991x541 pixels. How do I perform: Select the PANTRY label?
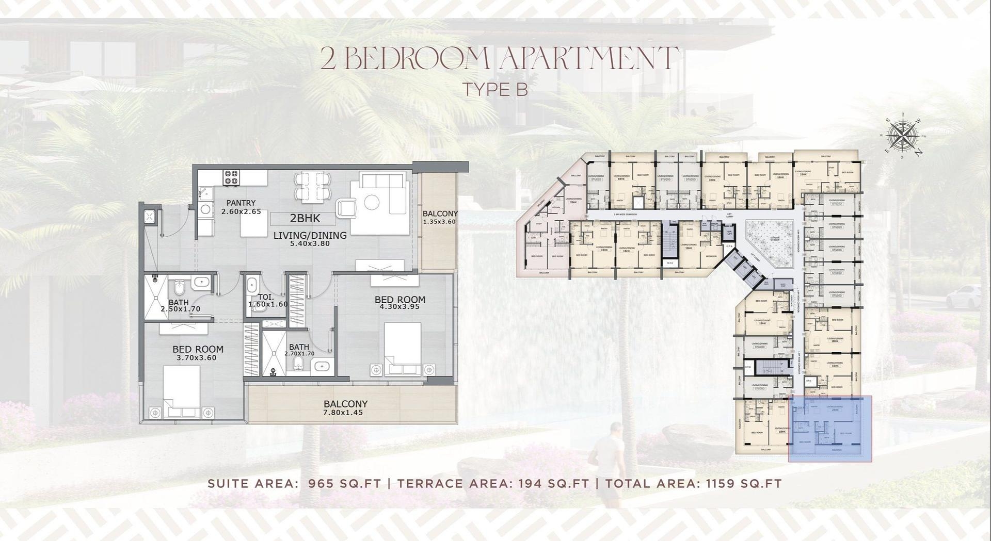(x=241, y=203)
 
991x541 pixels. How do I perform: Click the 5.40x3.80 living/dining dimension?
(x=310, y=243)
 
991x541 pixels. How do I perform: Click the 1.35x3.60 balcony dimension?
(x=440, y=222)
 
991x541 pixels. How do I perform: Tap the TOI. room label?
(x=266, y=297)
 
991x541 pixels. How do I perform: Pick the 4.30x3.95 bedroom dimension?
(x=399, y=306)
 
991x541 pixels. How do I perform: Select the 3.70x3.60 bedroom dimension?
(x=197, y=357)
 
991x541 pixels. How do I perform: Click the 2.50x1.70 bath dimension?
(x=180, y=309)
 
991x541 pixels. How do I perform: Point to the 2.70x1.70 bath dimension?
(x=299, y=354)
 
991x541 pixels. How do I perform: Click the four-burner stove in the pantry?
(x=231, y=178)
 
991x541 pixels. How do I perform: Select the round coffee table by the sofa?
(x=372, y=202)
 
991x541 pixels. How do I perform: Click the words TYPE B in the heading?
(x=495, y=89)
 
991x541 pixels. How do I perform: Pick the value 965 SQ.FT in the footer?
(x=344, y=484)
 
